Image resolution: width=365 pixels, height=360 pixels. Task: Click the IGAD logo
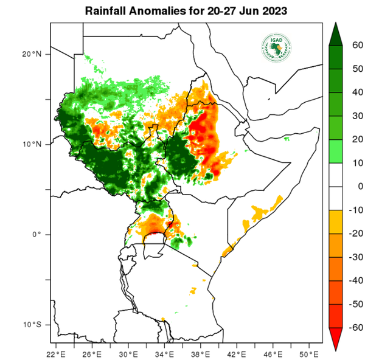click(x=276, y=47)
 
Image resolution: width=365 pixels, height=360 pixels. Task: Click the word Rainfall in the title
click(x=105, y=12)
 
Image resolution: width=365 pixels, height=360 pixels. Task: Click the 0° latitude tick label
click(x=35, y=235)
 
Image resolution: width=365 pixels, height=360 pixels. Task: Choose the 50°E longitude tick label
click(x=307, y=354)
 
